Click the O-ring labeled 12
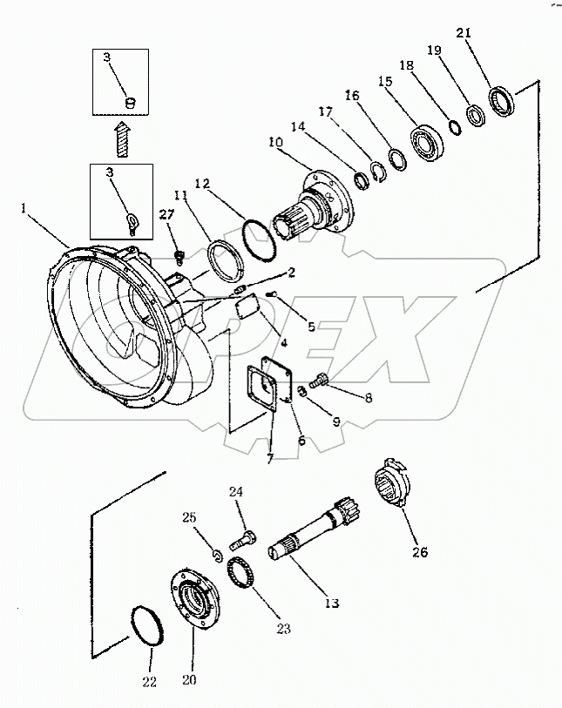(257, 238)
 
